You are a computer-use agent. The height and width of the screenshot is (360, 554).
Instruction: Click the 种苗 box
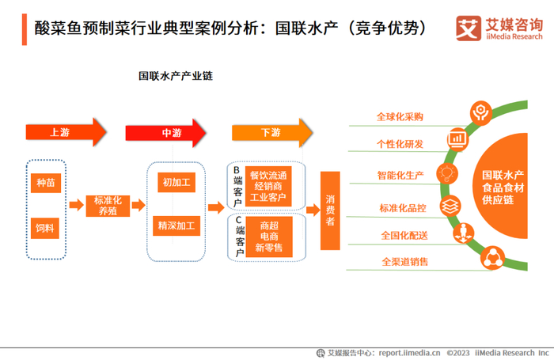click(44, 183)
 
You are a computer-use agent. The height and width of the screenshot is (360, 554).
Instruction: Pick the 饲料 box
click(44, 228)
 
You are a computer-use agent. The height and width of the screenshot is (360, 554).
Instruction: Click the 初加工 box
click(176, 183)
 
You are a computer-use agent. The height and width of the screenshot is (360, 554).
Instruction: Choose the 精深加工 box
click(176, 225)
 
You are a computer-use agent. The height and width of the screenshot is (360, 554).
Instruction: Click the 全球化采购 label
click(400, 117)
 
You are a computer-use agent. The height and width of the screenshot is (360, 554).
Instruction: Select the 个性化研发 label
click(400, 144)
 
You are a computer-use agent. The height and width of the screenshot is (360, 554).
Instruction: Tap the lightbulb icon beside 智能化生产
click(448, 172)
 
